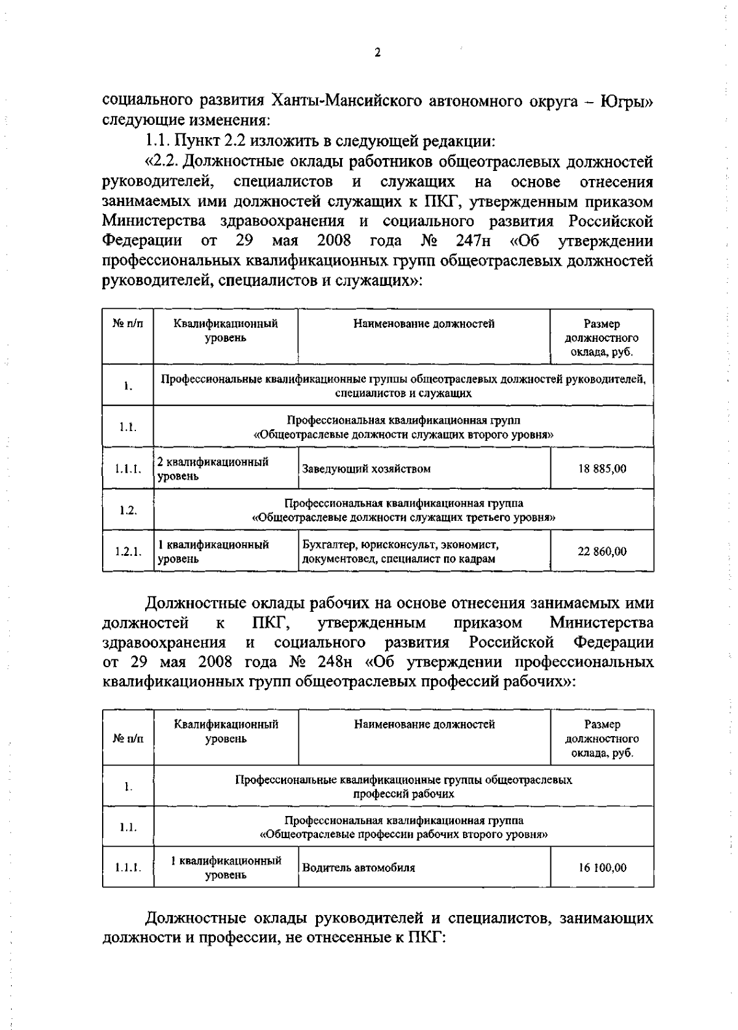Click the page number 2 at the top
tap(378, 53)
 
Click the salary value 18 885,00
tap(601, 469)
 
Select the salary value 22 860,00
tap(601, 552)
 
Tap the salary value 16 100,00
tap(601, 868)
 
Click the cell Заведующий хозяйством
tap(365, 469)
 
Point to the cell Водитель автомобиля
tap(358, 868)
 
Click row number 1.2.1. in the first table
tap(128, 552)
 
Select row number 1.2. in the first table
tap(128, 510)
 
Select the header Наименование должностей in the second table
tap(424, 724)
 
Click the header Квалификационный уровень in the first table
tap(226, 330)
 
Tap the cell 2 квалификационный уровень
tap(213, 469)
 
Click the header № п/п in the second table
tap(128, 738)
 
